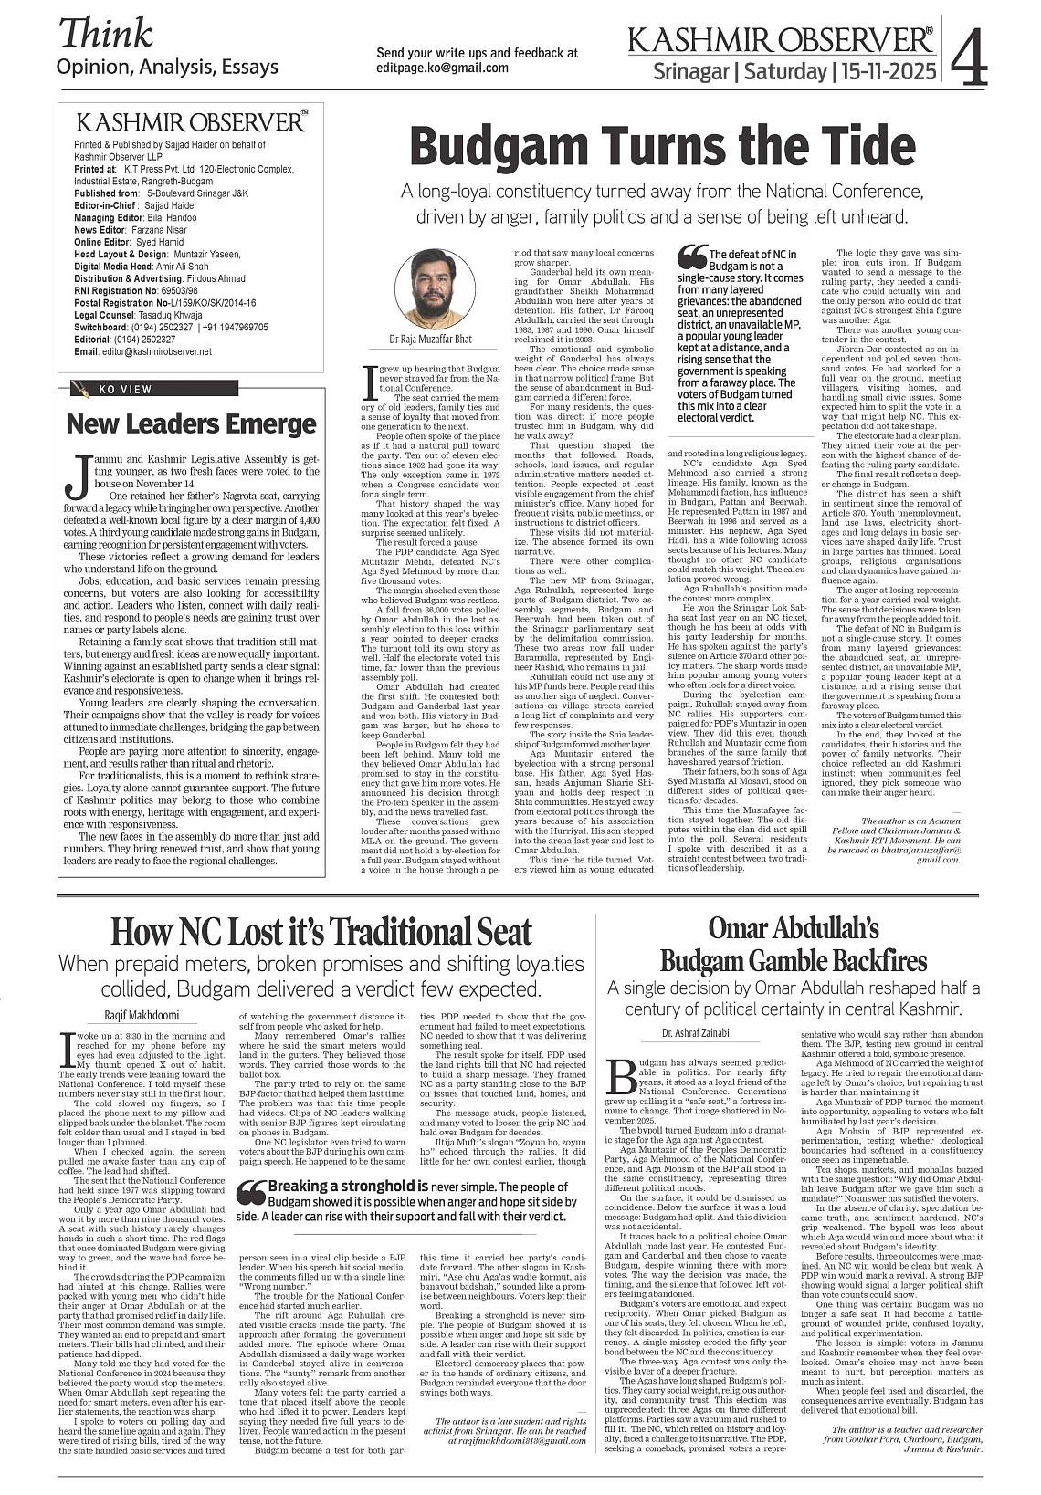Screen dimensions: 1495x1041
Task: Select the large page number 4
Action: click(x=970, y=57)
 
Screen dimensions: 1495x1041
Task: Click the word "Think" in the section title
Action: click(x=106, y=35)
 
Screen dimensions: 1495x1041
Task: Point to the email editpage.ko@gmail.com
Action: click(x=442, y=68)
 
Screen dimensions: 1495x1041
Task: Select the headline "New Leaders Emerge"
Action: click(x=191, y=423)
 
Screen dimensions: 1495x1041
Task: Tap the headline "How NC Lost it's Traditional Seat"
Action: click(x=321, y=932)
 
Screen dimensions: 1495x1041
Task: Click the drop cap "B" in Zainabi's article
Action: click(x=619, y=1074)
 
